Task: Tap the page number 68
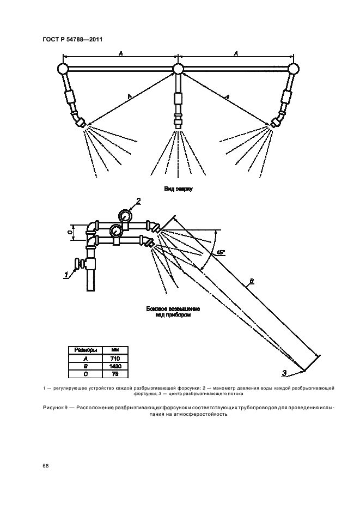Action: point(45,466)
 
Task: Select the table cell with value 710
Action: point(115,359)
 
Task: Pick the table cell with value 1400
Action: point(115,367)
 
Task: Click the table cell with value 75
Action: point(115,374)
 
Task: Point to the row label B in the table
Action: point(85,367)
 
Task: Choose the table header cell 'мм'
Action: point(115,350)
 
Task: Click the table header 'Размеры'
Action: point(85,350)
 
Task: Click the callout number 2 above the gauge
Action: point(138,201)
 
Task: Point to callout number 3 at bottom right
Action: point(284,373)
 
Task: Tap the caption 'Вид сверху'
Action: point(179,189)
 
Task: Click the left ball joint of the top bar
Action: point(62,69)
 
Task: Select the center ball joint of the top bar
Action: point(178,69)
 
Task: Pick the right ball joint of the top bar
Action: point(294,69)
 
